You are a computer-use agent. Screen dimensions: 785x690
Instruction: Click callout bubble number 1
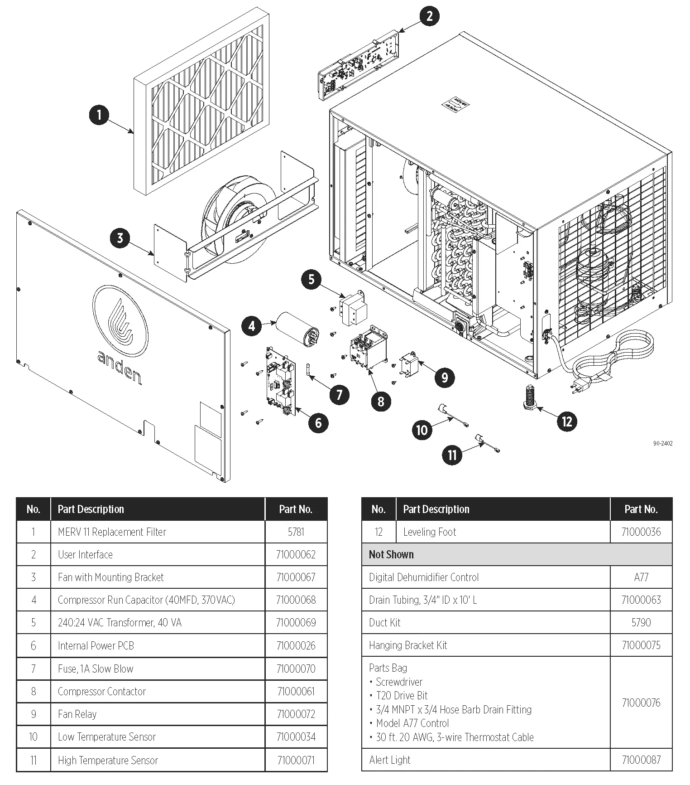point(99,115)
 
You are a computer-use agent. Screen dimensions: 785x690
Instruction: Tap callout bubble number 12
point(567,422)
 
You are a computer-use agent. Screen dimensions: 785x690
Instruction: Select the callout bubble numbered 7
point(339,394)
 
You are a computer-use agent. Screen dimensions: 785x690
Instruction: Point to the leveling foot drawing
point(528,398)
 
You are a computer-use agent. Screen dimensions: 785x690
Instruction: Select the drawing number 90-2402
point(662,443)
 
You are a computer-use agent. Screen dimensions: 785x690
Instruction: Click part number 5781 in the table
point(296,532)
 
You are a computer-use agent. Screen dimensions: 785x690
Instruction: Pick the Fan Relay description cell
point(77,714)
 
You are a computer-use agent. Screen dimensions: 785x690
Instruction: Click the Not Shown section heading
point(391,554)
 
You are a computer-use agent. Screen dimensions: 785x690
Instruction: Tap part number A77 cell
point(641,577)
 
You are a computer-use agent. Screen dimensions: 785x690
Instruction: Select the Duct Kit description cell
point(385,623)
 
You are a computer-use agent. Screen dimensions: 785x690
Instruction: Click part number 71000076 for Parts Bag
point(641,703)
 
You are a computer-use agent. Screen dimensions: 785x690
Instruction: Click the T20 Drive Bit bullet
point(402,695)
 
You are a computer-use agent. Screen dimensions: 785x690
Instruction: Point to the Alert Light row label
point(390,760)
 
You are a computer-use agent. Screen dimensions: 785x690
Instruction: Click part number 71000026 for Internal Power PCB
point(296,645)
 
